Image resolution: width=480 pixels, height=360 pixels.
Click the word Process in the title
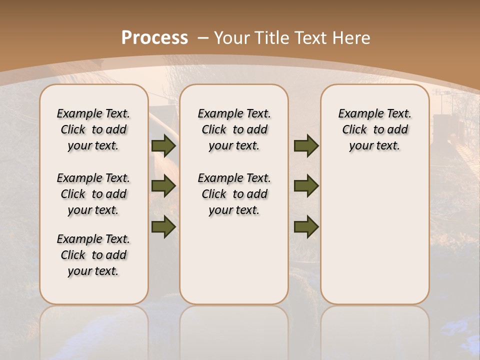click(x=154, y=37)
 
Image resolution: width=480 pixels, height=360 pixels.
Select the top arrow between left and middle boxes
click(x=163, y=146)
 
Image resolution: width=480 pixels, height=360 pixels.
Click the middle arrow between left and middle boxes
click(x=163, y=186)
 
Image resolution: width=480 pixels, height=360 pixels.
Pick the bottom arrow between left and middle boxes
click(x=163, y=226)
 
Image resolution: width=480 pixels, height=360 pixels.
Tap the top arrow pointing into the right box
click(x=306, y=146)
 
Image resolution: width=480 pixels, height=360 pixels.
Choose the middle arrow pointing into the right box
click(x=306, y=186)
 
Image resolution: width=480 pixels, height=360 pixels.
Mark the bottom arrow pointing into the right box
click(x=306, y=226)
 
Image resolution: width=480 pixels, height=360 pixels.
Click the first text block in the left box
click(x=93, y=129)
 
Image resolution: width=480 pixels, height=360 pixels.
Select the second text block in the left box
click(x=93, y=194)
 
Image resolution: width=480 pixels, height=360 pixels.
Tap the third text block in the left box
click(x=93, y=255)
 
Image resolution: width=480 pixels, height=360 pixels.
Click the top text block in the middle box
click(x=234, y=129)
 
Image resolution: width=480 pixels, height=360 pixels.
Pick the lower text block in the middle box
click(x=234, y=194)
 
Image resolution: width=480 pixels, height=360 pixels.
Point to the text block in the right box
click(x=374, y=129)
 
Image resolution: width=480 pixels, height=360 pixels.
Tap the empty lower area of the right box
click(x=374, y=235)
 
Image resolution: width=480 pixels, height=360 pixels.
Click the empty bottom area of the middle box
click(x=234, y=265)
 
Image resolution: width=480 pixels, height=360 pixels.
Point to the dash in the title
click(x=203, y=37)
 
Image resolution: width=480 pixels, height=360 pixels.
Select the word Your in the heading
click(x=232, y=37)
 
